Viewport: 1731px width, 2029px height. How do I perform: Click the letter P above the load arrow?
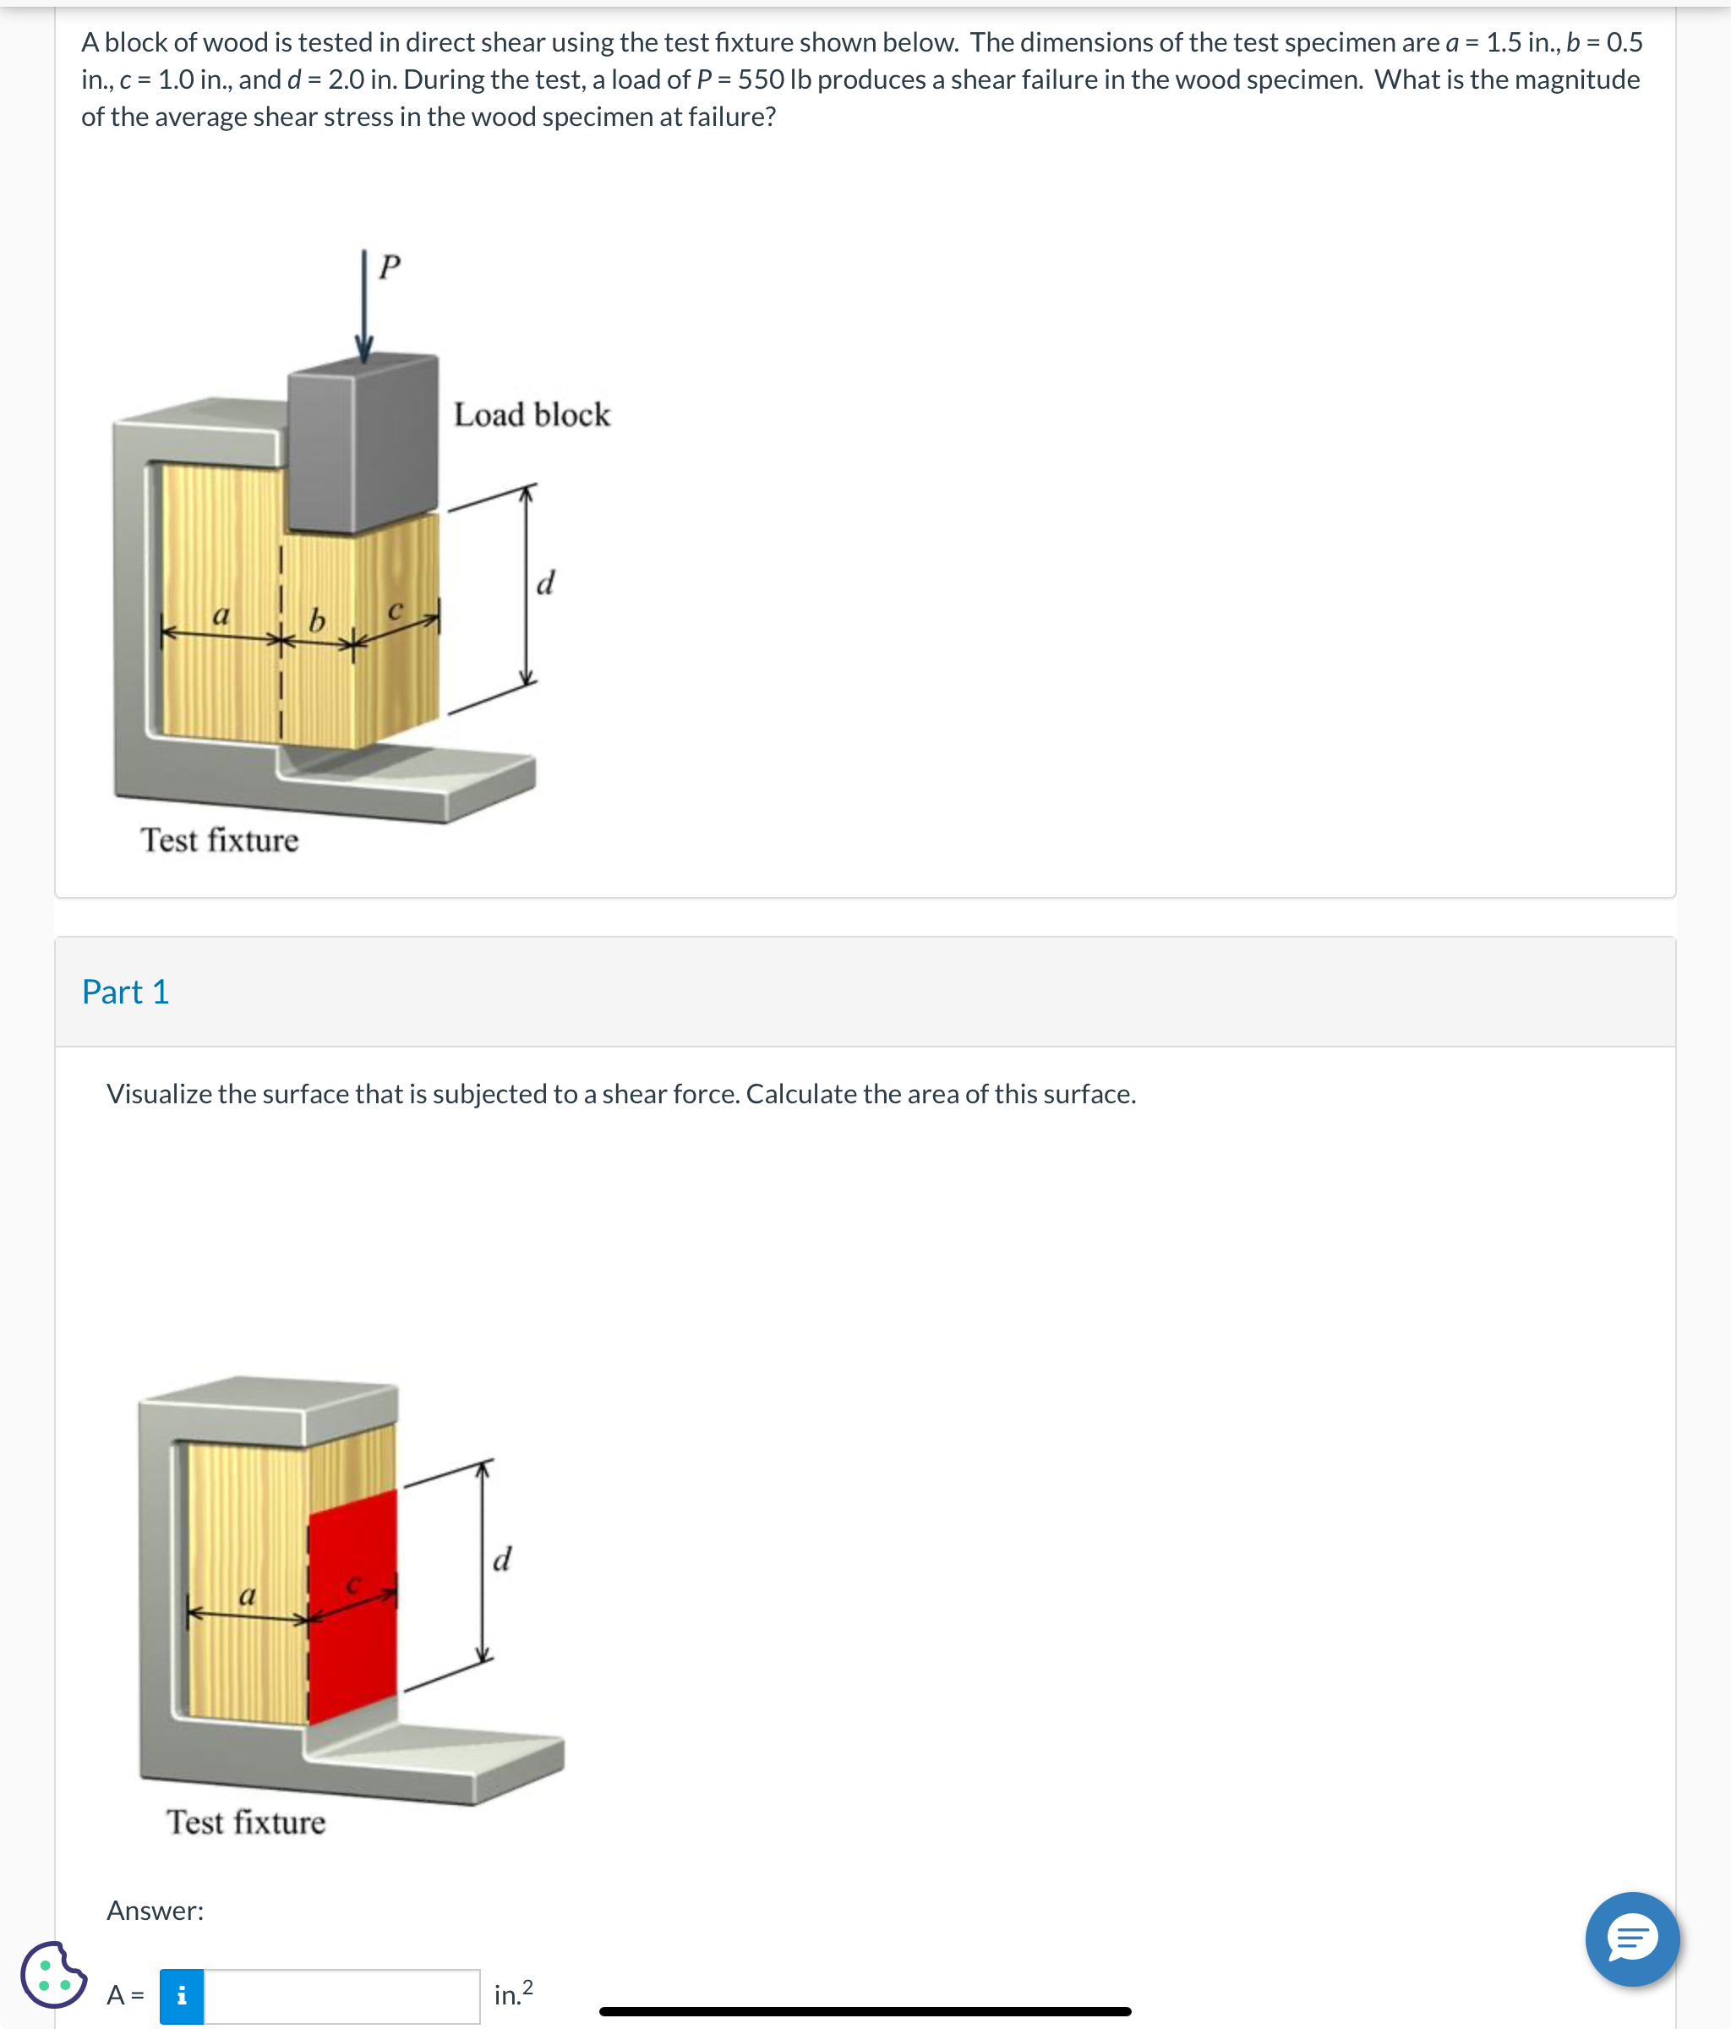(x=390, y=266)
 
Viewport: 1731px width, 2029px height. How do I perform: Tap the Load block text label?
(x=532, y=415)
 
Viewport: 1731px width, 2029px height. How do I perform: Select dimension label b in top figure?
(x=316, y=620)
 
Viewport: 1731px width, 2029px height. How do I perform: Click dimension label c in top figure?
(x=396, y=610)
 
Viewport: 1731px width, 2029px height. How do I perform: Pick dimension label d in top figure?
(x=545, y=582)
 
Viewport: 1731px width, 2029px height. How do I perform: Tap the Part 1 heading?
(x=125, y=992)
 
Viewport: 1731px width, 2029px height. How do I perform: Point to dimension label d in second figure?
(x=501, y=1558)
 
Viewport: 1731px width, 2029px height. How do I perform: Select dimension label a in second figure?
(x=247, y=1595)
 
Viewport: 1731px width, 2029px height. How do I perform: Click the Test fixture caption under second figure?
(x=246, y=1823)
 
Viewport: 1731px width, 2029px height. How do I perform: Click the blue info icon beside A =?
(x=181, y=1996)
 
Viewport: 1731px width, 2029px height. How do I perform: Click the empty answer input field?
(x=341, y=1996)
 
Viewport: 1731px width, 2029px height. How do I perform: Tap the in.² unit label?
(x=513, y=1993)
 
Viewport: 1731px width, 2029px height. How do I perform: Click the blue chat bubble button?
(x=1632, y=1939)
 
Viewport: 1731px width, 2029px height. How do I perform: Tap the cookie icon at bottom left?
(x=53, y=1974)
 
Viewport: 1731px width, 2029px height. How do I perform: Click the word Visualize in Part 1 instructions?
(x=159, y=1094)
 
